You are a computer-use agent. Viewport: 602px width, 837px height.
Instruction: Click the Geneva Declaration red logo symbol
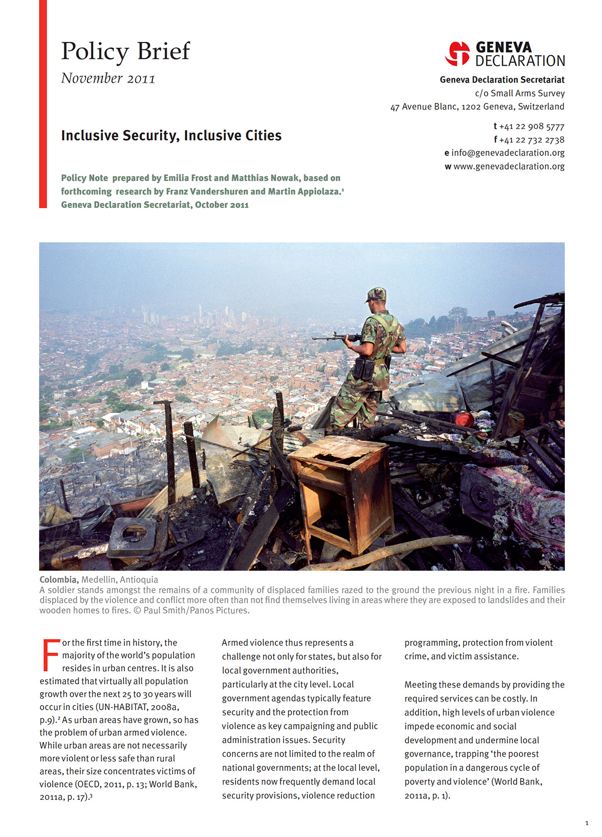(x=457, y=54)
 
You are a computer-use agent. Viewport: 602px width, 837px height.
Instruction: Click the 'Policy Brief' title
(x=125, y=51)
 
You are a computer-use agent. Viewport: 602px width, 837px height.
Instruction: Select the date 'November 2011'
(x=108, y=79)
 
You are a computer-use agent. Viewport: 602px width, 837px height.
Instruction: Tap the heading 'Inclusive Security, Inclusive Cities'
(x=171, y=135)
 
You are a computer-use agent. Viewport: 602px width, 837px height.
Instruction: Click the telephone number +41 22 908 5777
(x=532, y=126)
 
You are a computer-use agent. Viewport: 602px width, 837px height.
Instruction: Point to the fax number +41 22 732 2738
(x=532, y=140)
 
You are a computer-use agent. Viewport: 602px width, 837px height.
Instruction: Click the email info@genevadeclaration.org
(x=508, y=153)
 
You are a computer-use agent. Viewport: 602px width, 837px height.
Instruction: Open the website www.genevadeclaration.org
(x=509, y=166)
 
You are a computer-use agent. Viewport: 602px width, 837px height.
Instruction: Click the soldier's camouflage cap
(x=376, y=294)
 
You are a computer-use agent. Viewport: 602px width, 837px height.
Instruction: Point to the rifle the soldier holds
(x=336, y=338)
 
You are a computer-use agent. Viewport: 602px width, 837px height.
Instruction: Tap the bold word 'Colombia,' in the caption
(x=59, y=580)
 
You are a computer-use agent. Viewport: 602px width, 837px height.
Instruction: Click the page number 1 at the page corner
(x=587, y=823)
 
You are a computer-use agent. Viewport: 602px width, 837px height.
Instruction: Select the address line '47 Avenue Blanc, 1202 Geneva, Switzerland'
(x=477, y=107)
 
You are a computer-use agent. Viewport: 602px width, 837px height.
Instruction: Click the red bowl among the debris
(x=464, y=419)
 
